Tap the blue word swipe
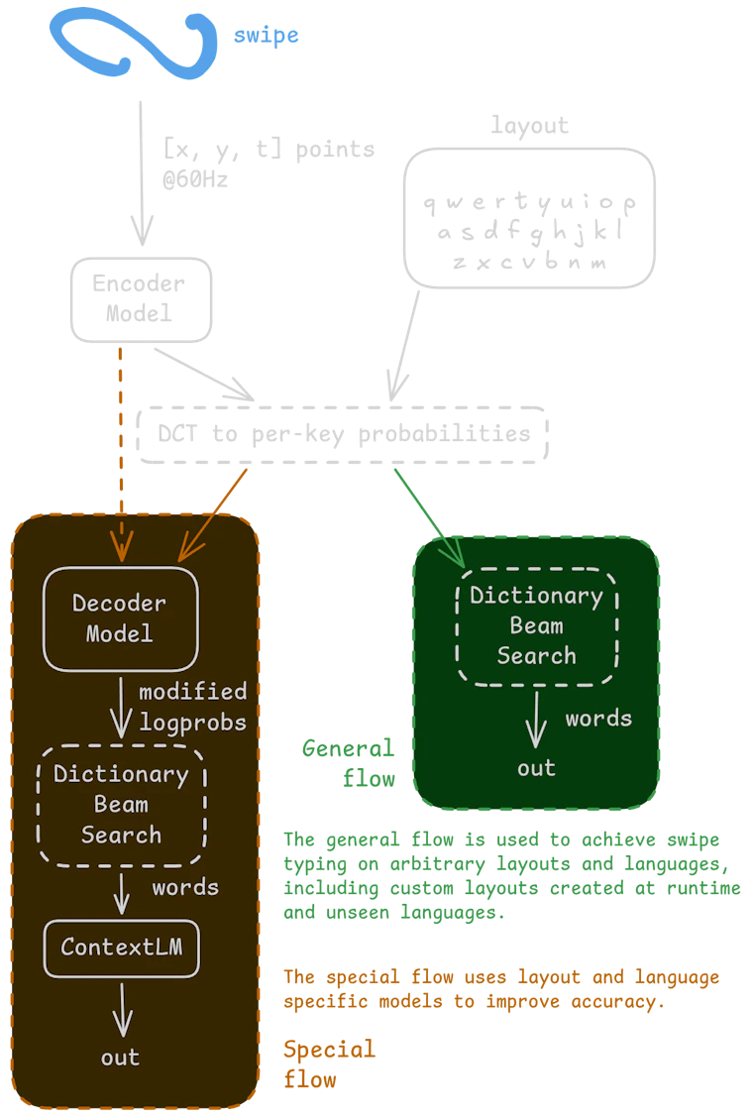[x=267, y=35]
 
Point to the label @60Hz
[x=195, y=178]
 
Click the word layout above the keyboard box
[x=530, y=126]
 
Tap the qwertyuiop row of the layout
[x=530, y=203]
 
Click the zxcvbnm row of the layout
[x=530, y=262]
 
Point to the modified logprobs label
[x=193, y=707]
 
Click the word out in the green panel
[x=536, y=768]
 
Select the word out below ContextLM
[x=121, y=1058]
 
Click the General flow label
[x=349, y=763]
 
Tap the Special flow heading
[x=329, y=1064]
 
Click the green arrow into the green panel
[x=429, y=517]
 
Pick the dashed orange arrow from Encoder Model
[x=121, y=454]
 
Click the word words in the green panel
[x=598, y=719]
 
